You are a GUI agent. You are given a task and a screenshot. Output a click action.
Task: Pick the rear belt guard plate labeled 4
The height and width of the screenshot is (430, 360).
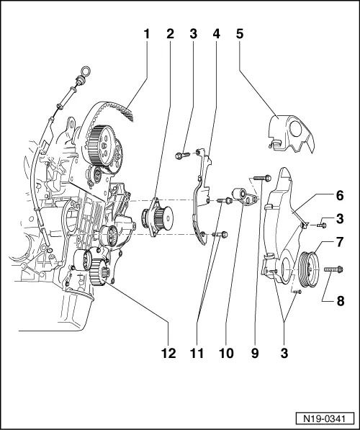point(201,194)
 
